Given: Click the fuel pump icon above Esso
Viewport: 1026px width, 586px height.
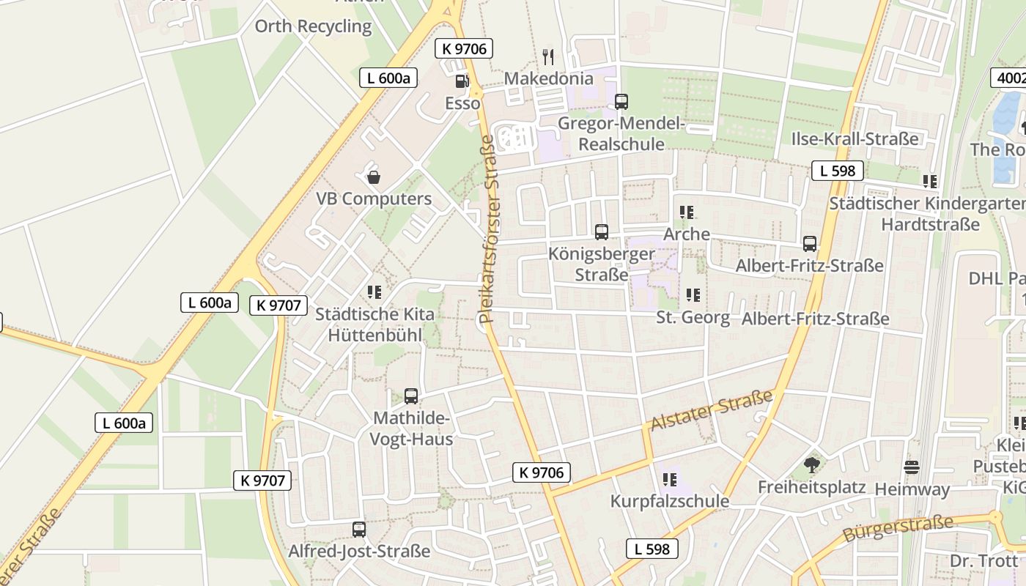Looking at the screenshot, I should point(462,81).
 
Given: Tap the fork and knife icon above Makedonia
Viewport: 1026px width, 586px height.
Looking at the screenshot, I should point(547,56).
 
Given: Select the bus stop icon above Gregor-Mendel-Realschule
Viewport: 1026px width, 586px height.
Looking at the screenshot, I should point(621,101).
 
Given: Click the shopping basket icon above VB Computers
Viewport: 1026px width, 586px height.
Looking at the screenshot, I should point(374,177).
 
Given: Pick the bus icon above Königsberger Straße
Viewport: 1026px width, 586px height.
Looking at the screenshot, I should point(602,232).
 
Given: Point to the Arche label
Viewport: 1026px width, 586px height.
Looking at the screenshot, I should point(687,234).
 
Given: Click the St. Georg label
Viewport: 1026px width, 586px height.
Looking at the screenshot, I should point(693,317).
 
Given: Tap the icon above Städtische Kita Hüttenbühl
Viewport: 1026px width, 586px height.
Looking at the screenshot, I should point(375,292).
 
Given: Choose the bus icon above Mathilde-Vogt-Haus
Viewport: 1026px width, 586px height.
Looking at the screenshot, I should point(411,396).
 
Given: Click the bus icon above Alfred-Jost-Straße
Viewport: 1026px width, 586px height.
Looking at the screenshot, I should point(359,529).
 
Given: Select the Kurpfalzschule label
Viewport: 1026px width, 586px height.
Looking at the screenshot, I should point(670,501).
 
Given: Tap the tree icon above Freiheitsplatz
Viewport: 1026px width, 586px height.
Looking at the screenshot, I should point(811,464).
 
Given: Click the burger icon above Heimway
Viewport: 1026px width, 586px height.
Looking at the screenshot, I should point(912,467).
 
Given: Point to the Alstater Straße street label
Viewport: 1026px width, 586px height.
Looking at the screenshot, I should point(711,410).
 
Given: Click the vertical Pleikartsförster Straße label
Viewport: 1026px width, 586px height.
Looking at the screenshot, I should point(487,228).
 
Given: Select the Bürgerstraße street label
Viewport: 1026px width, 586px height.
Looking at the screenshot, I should point(898,527).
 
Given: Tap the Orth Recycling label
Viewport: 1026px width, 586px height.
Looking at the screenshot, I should point(313,26).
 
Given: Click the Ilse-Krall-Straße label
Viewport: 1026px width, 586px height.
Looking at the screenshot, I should point(855,138).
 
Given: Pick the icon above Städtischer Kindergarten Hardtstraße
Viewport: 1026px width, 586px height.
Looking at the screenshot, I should point(930,181).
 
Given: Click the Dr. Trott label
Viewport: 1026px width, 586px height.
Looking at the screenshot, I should point(983,560).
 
